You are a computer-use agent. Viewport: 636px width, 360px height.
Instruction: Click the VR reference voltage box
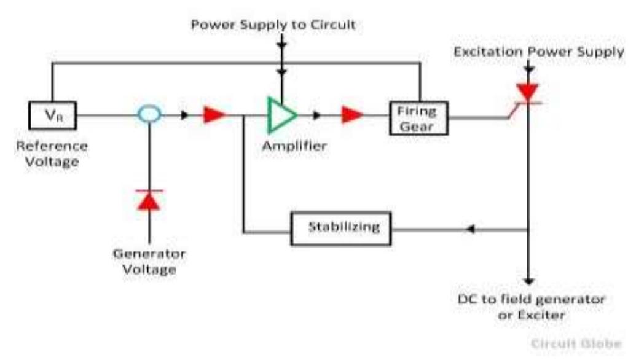(x=52, y=115)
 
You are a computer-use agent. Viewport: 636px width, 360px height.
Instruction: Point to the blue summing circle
(x=149, y=114)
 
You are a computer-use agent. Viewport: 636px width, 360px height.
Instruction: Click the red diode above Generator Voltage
(x=149, y=200)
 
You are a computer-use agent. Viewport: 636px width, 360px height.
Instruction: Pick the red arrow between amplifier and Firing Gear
(x=352, y=115)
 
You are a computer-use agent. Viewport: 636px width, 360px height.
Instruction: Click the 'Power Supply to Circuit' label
(x=273, y=25)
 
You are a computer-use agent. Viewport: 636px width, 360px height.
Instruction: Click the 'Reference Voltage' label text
(x=52, y=154)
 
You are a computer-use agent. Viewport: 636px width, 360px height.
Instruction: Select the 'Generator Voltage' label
(x=149, y=261)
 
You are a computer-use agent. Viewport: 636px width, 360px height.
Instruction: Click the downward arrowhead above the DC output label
(x=528, y=278)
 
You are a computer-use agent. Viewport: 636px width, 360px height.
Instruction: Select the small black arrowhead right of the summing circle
(x=184, y=115)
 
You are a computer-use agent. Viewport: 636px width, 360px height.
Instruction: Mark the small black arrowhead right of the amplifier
(x=317, y=115)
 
